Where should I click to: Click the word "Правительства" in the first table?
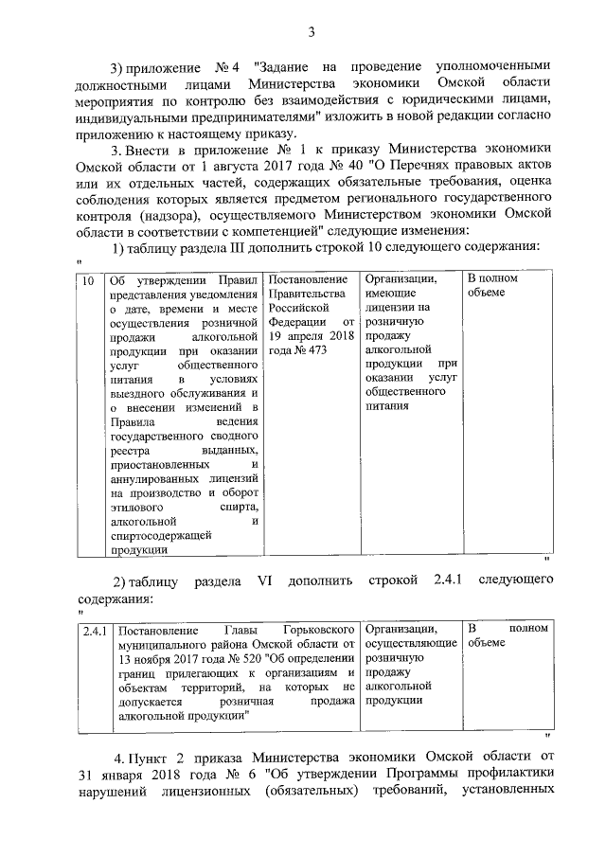point(304,295)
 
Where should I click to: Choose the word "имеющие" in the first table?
point(390,295)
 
